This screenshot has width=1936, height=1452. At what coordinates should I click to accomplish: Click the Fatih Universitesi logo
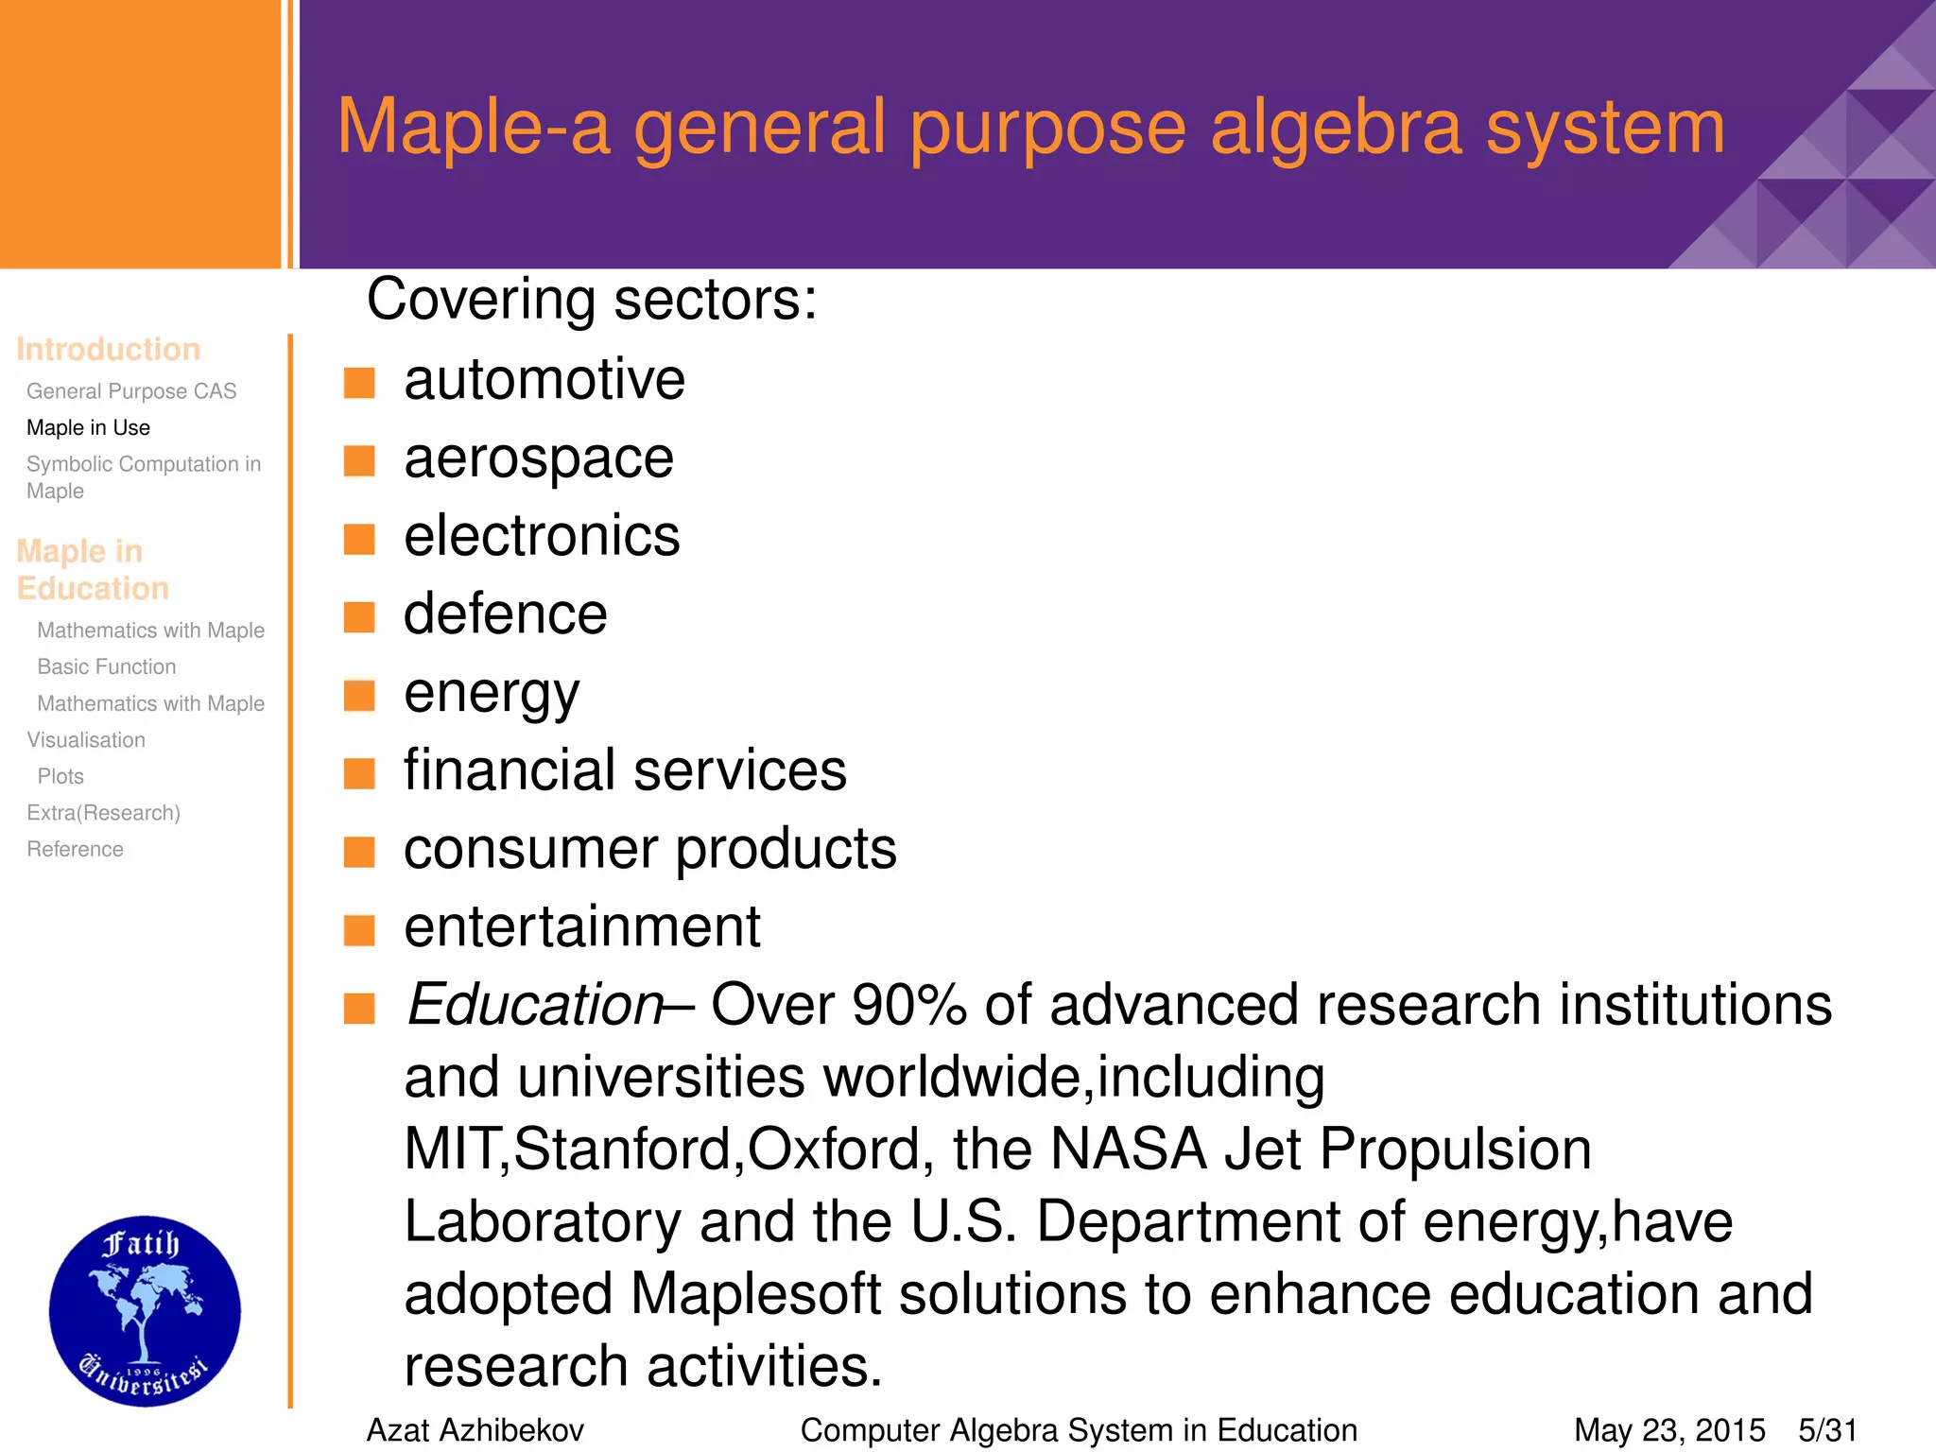pos(145,1310)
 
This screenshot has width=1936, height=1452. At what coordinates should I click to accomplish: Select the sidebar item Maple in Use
pos(88,428)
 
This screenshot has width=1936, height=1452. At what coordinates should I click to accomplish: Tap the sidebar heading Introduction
pos(108,350)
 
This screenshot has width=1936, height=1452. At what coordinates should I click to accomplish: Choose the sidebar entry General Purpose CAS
pos(131,391)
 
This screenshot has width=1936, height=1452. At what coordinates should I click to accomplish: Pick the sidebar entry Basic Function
pos(107,667)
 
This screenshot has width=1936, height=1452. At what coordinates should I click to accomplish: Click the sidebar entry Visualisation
pos(86,740)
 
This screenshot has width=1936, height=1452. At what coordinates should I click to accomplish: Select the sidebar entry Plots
pos(60,777)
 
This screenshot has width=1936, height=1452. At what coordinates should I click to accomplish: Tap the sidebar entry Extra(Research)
pos(103,813)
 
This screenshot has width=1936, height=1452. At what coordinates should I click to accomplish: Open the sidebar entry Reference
pos(75,850)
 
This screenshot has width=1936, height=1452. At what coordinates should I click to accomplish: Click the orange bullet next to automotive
pos(359,383)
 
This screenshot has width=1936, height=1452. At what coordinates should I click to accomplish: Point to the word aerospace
pos(539,459)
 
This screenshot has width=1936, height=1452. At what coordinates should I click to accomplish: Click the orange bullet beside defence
pos(359,617)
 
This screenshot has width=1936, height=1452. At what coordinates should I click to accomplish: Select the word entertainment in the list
pos(582,926)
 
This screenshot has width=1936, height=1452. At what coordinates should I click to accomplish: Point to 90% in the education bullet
pos(908,1004)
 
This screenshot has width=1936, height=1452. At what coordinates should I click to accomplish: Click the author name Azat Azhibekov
pos(475,1430)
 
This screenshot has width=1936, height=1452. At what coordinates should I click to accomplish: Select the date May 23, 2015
pos(1669,1430)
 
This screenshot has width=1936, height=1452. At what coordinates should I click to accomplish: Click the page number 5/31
pos(1827,1430)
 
